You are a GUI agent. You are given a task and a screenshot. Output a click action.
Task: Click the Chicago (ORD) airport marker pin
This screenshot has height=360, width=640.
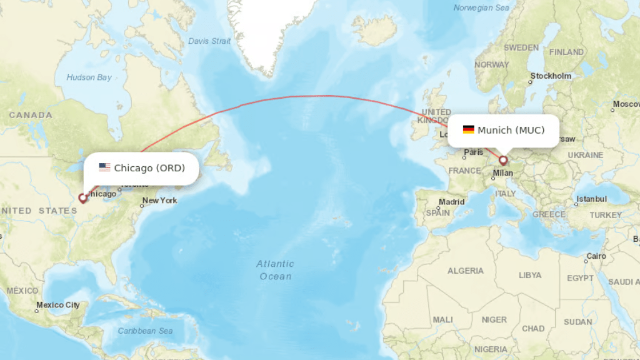(83, 198)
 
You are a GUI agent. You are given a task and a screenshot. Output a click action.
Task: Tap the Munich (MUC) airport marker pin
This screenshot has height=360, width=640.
(503, 161)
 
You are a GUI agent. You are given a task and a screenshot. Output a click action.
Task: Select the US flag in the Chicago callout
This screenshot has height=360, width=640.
(104, 167)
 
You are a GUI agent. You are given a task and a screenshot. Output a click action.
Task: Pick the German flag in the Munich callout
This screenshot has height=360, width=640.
(468, 130)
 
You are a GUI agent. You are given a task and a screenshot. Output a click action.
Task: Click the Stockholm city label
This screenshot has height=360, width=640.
(551, 76)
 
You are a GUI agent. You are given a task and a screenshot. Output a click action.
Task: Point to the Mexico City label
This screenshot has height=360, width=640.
(57, 305)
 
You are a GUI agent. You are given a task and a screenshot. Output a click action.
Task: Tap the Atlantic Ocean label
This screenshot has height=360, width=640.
(275, 270)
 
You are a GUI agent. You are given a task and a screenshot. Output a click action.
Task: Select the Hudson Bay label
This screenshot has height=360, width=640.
(89, 77)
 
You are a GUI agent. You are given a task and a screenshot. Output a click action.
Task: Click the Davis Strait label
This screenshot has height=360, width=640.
(209, 41)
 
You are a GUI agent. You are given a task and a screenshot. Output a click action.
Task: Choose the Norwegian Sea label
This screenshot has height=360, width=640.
(481, 8)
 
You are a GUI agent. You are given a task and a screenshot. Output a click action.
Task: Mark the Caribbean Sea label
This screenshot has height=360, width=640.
(145, 331)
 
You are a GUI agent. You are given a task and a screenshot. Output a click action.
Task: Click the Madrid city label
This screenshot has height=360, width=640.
(451, 202)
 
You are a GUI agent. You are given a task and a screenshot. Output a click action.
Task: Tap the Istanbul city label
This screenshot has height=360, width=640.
(591, 199)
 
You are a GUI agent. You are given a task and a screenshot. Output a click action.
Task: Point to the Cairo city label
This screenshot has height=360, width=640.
(596, 256)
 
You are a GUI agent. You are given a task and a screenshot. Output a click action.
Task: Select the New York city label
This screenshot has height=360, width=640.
(159, 201)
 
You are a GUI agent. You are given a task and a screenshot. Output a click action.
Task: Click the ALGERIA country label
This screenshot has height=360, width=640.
(465, 271)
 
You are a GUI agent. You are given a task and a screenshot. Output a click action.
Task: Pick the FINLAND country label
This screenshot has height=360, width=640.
(566, 52)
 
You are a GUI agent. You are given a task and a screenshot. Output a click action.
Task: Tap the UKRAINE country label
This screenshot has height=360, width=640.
(586, 155)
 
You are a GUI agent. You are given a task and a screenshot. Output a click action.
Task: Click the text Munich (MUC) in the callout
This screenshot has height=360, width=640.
(511, 130)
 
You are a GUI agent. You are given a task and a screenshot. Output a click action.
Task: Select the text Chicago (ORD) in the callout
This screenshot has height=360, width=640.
(149, 167)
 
